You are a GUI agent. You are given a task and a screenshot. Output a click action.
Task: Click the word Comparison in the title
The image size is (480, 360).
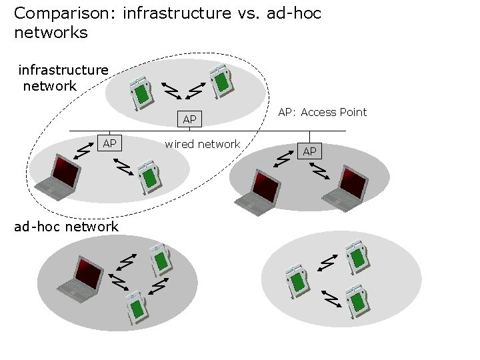(65, 14)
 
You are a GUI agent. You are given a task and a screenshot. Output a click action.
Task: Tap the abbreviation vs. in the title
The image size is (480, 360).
(248, 13)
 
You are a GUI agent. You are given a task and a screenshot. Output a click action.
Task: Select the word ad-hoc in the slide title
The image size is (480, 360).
(294, 13)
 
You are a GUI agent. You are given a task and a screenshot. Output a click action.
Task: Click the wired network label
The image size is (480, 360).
(203, 144)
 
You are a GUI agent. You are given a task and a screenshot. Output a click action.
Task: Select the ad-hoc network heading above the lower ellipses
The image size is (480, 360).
(66, 227)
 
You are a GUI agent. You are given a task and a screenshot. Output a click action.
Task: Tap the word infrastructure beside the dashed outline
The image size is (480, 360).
(63, 70)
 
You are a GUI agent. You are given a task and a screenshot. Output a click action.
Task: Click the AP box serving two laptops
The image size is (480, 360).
(309, 151)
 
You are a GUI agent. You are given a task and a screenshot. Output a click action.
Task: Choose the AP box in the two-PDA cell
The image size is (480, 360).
(189, 119)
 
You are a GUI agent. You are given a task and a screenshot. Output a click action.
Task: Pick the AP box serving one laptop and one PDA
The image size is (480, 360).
(109, 143)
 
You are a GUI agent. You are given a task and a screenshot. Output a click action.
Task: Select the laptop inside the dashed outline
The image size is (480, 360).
(58, 177)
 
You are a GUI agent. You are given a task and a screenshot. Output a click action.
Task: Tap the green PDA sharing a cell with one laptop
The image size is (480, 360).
(149, 177)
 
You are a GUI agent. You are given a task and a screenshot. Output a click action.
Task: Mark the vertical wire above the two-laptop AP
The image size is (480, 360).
(309, 137)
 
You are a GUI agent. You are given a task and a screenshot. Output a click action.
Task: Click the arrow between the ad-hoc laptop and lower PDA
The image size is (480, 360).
(118, 282)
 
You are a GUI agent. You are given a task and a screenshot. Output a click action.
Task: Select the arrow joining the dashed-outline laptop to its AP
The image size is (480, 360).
(83, 151)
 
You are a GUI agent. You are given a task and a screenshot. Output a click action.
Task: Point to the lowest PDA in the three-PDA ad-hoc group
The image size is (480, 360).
(357, 301)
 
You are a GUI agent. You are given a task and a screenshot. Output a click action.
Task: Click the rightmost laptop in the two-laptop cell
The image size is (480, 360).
(345, 189)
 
